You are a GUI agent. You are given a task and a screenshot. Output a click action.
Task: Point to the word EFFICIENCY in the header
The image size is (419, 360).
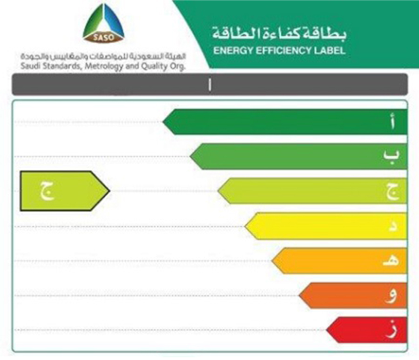pos(282,51)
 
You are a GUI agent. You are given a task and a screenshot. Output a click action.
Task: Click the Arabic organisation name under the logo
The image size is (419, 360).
pos(103,57)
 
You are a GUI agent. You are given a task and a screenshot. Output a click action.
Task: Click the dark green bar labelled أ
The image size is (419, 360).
pos(285,122)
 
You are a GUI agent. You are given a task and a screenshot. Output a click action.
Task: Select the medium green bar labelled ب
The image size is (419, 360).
pos(298,156)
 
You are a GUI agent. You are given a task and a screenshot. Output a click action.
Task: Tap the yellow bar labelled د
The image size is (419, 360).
pos(326,226)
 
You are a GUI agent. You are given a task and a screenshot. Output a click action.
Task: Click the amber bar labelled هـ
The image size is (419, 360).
pos(339,260)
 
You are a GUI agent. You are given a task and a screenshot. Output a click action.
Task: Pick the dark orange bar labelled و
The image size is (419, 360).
pos(353,296)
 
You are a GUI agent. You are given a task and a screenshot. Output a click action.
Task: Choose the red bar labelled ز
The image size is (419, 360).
pos(367,330)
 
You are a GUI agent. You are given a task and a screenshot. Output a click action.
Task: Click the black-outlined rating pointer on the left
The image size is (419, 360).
pos(65,191)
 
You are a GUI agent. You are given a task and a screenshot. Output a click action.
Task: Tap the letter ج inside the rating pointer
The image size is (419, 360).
pos(47,191)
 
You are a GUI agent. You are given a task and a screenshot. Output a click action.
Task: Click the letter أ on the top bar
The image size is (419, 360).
pos(392,121)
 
